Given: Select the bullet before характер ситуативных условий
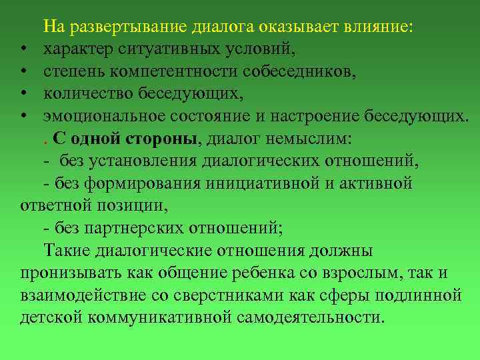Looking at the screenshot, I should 23,50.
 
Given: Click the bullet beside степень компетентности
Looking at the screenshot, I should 23,73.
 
